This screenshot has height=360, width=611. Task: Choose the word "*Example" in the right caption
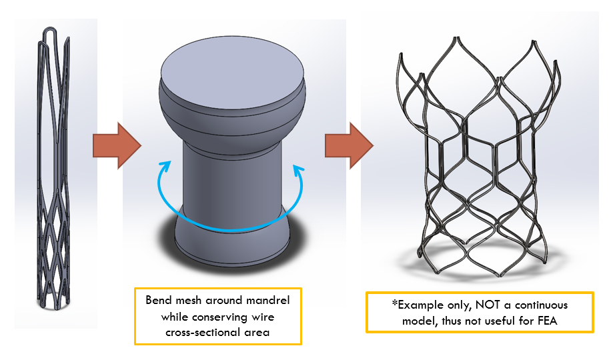pos(418,305)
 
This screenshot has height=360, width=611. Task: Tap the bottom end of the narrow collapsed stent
pos(56,305)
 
